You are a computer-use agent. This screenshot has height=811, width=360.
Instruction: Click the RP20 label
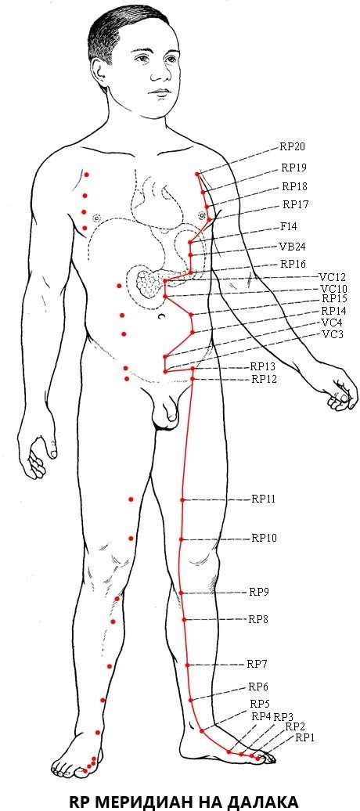(292, 146)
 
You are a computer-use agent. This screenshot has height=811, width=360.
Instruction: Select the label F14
(288, 226)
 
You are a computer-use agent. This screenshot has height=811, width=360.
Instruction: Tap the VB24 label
(292, 247)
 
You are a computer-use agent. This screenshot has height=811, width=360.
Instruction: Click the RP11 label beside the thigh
(263, 499)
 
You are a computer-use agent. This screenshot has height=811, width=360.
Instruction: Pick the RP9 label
(259, 592)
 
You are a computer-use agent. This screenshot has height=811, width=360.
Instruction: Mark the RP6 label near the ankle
(258, 687)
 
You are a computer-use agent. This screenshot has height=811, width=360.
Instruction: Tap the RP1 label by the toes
(304, 738)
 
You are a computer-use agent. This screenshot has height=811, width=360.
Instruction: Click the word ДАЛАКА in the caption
(261, 801)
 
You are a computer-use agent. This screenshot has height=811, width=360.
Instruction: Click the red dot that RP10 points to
(182, 539)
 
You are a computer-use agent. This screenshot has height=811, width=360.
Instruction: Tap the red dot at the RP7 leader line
(188, 665)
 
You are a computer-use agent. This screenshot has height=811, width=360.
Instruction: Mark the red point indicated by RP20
(197, 175)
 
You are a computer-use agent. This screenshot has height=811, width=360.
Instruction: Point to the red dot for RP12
(193, 379)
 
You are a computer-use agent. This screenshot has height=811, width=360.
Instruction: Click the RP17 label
(295, 204)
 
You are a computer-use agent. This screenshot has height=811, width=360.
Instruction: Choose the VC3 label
(333, 333)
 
